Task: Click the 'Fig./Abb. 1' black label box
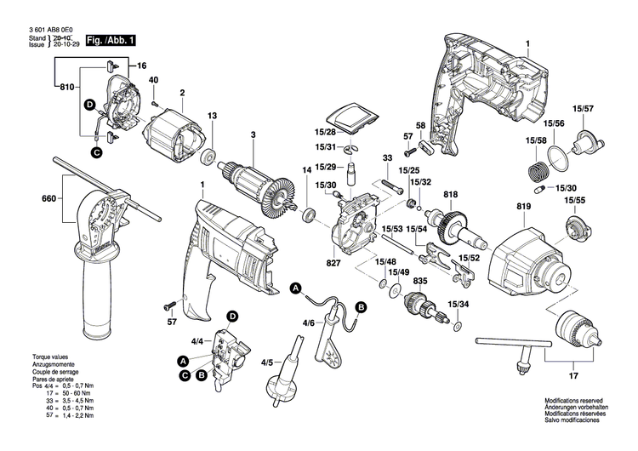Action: coord(110,40)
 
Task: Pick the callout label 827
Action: coord(333,265)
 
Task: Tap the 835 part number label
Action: coord(420,280)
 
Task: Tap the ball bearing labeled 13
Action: coord(207,158)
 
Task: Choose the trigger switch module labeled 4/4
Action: coord(228,351)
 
